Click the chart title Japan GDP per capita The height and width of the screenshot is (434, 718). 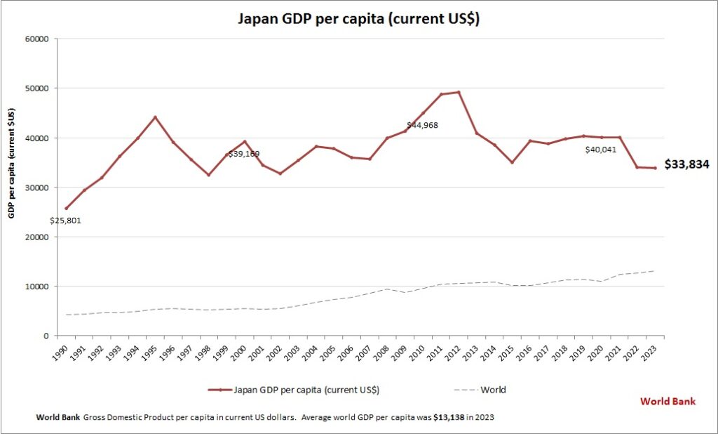[x=359, y=19]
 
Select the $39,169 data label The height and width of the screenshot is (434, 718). [x=243, y=154]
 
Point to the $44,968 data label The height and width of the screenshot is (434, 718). [x=424, y=126]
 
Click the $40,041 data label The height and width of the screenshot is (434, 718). [x=600, y=150]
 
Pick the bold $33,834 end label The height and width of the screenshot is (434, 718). [x=686, y=165]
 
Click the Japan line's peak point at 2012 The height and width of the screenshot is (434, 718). [x=459, y=92]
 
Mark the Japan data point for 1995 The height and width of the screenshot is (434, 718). [x=156, y=117]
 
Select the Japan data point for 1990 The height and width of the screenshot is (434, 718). [x=67, y=208]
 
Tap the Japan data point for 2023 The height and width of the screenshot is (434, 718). [x=655, y=168]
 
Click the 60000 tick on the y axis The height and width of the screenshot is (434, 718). [x=35, y=39]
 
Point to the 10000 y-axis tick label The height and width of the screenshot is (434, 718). [x=35, y=287]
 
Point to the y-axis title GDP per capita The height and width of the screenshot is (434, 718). [x=12, y=163]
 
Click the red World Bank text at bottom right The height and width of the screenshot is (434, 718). [x=668, y=402]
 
